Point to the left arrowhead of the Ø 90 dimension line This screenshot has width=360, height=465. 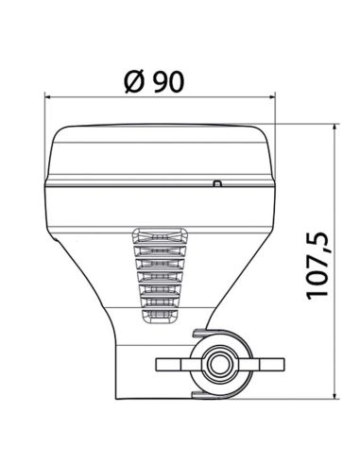tap(50, 96)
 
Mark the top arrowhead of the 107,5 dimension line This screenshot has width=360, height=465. tap(335, 128)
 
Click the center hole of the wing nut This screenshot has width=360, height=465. tap(220, 364)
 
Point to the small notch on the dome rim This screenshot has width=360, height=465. tap(216, 183)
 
